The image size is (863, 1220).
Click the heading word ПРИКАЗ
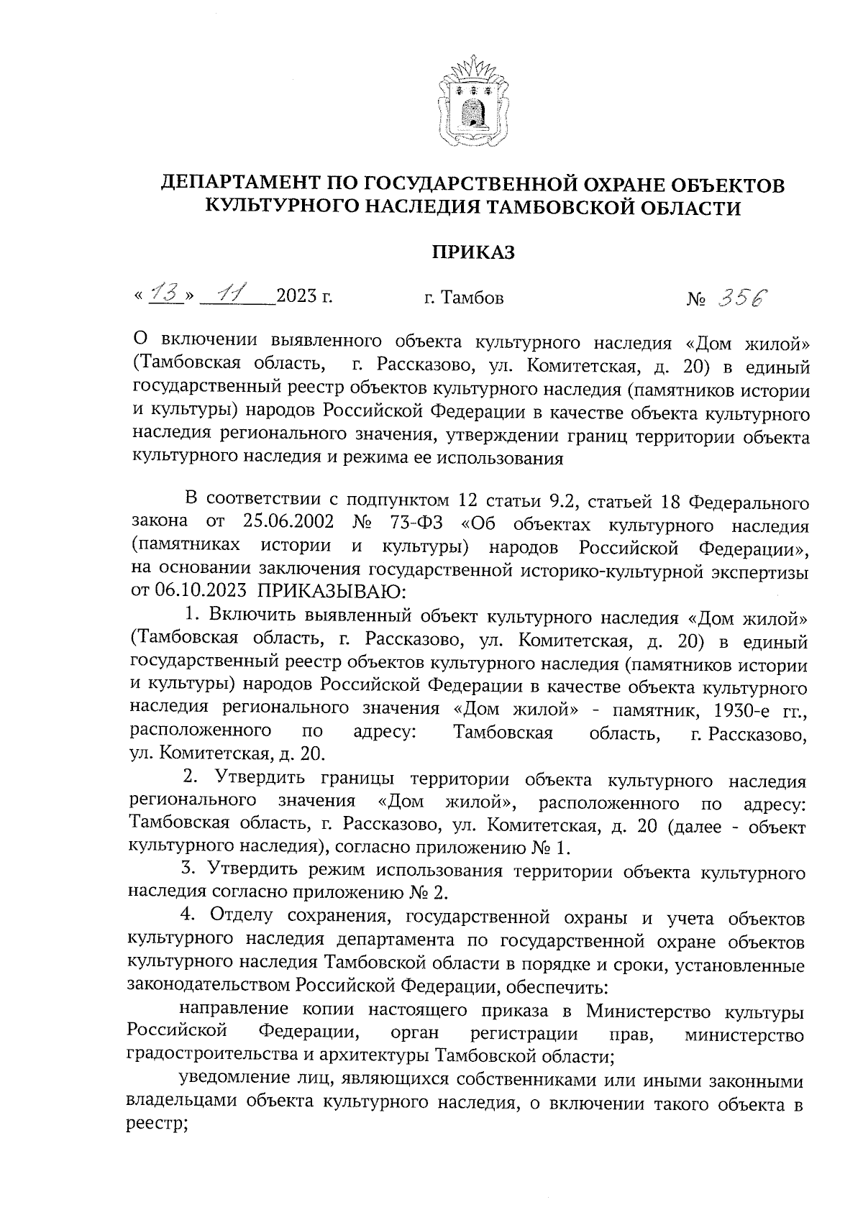click(473, 252)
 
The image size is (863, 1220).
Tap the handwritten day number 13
click(165, 295)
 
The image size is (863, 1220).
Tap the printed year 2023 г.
click(303, 296)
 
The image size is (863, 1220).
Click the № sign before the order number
click(695, 298)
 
